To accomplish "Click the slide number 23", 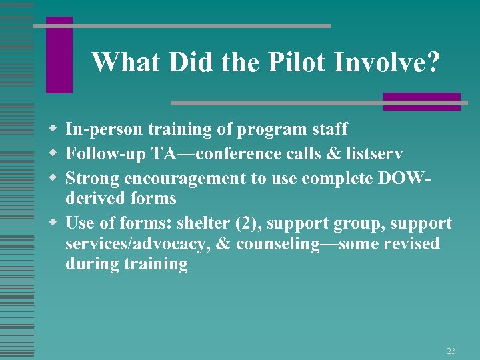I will click(x=451, y=351).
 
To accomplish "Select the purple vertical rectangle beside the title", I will click(x=59, y=55).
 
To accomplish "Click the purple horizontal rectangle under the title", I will click(x=421, y=101).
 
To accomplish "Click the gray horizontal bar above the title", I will click(x=181, y=26).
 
